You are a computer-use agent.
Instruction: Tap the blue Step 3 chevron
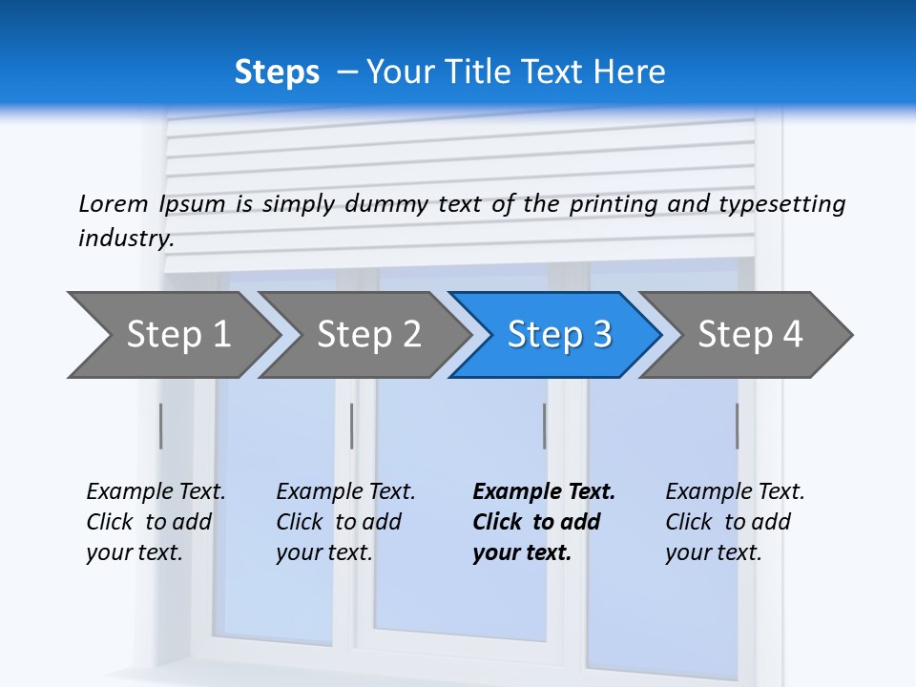[559, 335]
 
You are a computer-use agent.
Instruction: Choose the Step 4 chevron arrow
[750, 335]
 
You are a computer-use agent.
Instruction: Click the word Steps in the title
[277, 72]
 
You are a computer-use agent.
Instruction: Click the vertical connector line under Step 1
[160, 426]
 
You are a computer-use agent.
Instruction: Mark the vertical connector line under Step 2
[351, 426]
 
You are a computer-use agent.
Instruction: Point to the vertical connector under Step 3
[544, 426]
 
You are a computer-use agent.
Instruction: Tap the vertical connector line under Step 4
[737, 426]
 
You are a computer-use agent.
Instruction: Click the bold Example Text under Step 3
[544, 492]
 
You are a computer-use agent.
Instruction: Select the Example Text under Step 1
[156, 492]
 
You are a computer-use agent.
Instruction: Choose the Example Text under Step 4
[735, 492]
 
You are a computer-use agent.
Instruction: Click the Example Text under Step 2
[345, 492]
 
